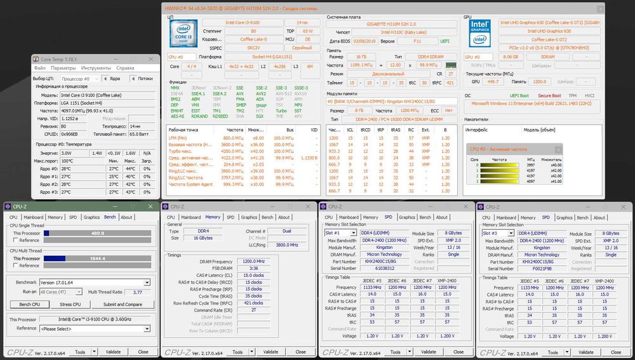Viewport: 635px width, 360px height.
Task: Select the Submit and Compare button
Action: coord(123,304)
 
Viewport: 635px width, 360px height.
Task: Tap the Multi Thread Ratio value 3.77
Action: coord(137,292)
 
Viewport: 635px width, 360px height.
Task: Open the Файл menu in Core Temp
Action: coord(40,67)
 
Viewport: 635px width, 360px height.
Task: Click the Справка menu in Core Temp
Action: coord(125,67)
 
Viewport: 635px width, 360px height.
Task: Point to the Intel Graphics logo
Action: coord(481,32)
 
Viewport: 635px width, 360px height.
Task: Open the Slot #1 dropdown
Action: coord(340,233)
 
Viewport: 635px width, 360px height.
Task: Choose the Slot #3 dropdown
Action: coord(498,233)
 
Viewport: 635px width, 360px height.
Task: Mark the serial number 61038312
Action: coord(380,269)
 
